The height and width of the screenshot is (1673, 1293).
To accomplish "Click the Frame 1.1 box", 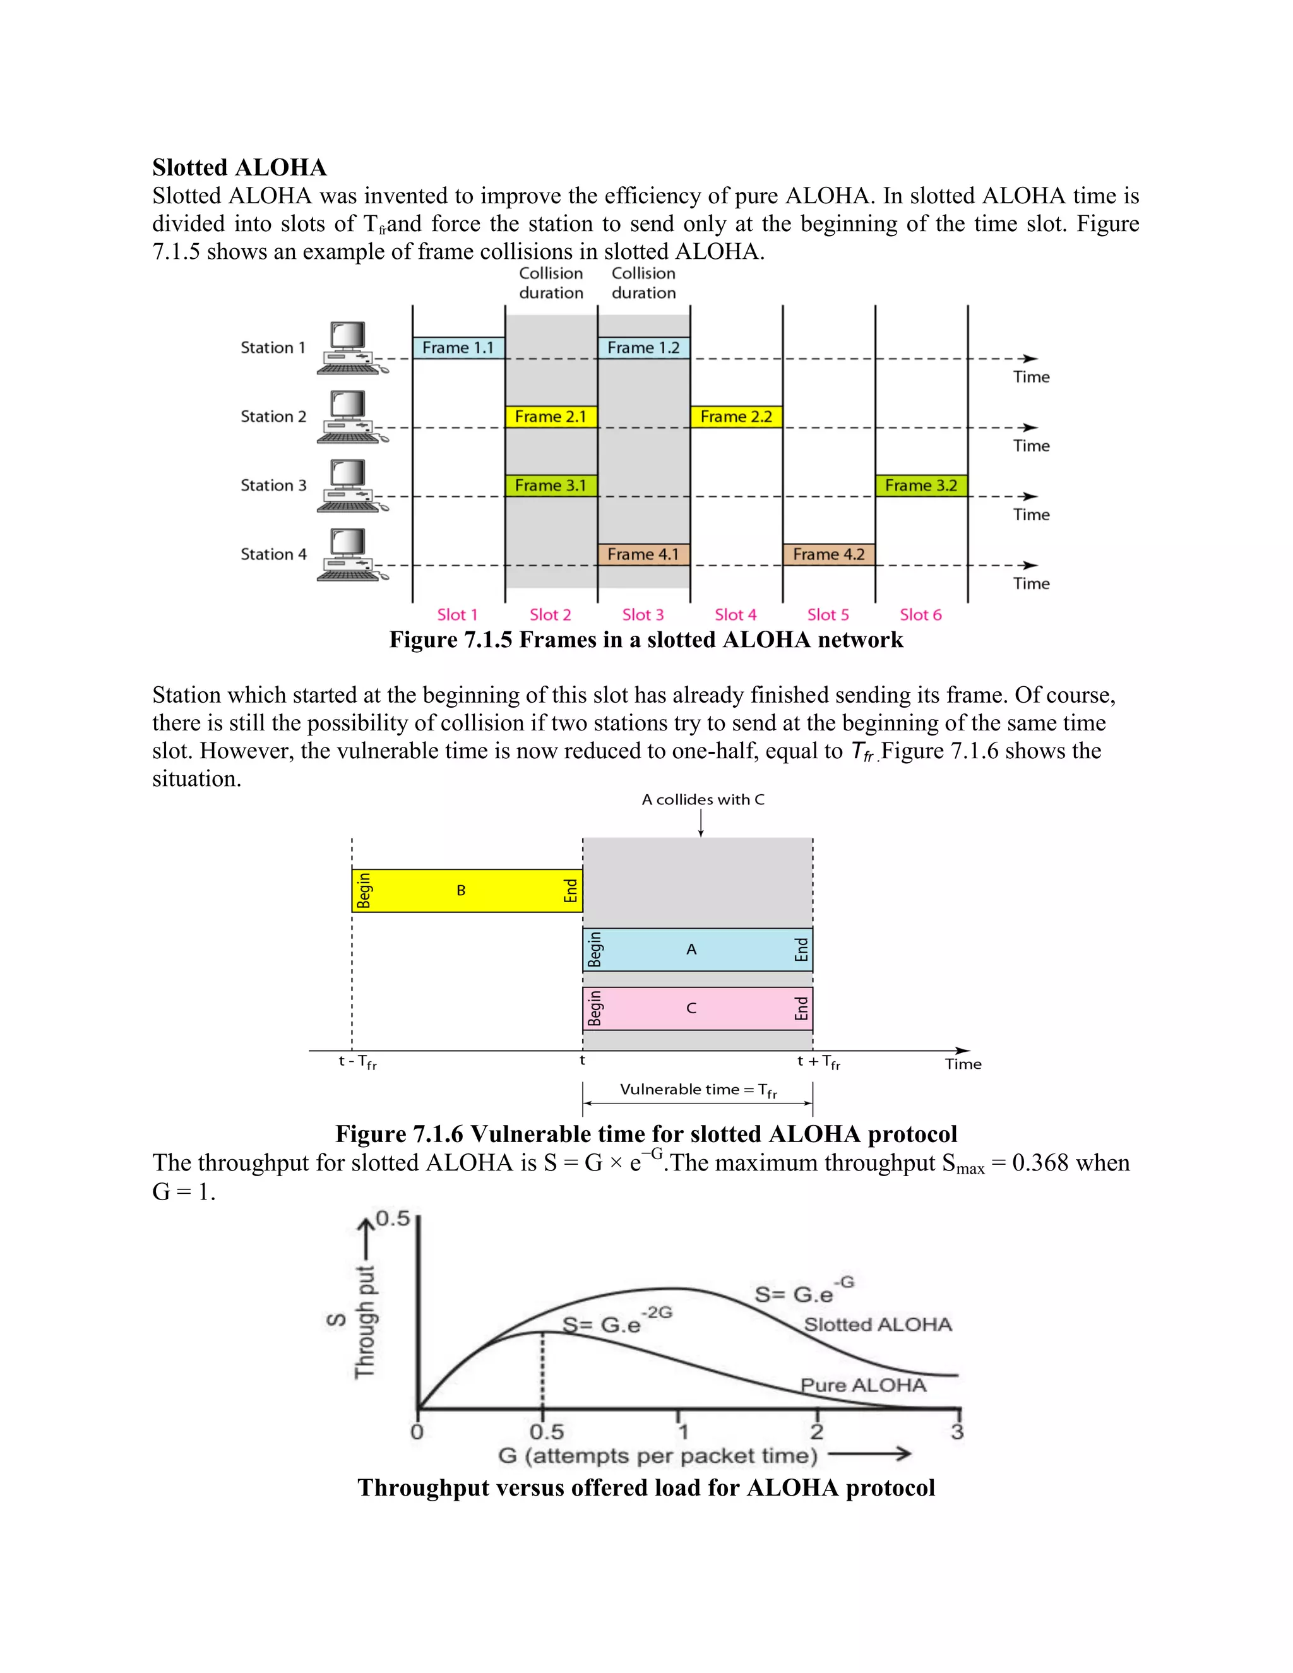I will (458, 348).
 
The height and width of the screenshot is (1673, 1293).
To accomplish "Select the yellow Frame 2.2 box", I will (736, 417).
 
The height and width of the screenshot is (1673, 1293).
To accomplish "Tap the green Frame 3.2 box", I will (921, 485).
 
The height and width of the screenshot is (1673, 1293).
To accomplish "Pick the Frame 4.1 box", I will (643, 554).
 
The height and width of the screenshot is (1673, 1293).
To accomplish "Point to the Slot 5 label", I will (828, 615).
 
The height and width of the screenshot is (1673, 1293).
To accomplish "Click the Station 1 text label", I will (273, 348).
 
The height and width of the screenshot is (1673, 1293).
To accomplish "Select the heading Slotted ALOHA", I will (239, 168).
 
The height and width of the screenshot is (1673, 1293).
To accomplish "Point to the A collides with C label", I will (703, 800).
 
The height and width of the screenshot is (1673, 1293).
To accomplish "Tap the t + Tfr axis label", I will (818, 1062).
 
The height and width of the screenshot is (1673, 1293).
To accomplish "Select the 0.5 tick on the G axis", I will (546, 1432).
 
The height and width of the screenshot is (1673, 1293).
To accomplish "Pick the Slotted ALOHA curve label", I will (878, 1325).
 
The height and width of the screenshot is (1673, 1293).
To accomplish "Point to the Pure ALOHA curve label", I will (863, 1385).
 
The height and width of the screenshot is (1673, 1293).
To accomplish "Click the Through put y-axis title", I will (366, 1322).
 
